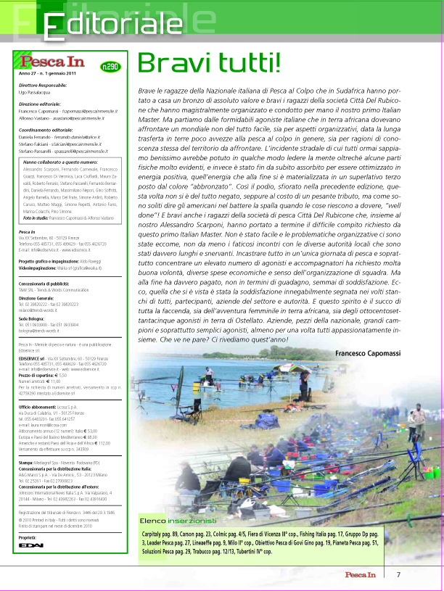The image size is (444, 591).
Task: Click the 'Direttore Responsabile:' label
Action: pos(43,86)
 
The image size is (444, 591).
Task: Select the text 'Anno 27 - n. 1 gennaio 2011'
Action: pos(49,75)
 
